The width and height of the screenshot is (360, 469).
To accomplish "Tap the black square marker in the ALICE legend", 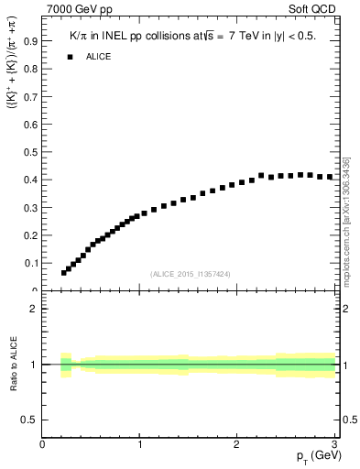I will click(x=69, y=57).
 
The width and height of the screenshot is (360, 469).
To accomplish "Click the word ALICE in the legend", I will click(x=99, y=57).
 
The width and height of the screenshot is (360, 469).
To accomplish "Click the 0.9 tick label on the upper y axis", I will click(x=32, y=41).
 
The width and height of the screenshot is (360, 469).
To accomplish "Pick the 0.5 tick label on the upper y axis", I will click(x=32, y=152).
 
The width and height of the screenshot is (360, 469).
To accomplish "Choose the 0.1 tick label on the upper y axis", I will click(x=32, y=263).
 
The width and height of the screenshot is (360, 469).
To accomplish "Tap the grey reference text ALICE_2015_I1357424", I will click(x=189, y=274).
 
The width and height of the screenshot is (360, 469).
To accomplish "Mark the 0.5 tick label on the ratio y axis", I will click(x=30, y=420).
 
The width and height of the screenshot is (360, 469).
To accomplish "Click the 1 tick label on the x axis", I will click(x=139, y=444).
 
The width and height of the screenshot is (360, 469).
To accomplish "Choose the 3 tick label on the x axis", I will click(x=335, y=444).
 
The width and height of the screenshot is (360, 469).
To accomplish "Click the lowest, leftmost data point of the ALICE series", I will click(x=64, y=272).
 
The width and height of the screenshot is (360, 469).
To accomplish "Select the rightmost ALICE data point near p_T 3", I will click(x=330, y=177).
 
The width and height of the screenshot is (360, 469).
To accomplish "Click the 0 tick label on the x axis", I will click(x=42, y=444).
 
